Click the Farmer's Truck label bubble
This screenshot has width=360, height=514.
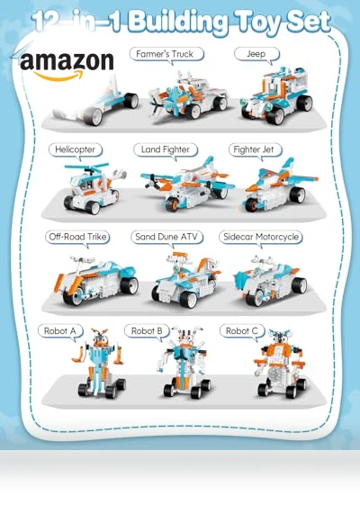click(x=166, y=54)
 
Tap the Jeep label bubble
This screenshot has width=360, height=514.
click(x=256, y=54)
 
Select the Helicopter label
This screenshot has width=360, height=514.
click(x=76, y=150)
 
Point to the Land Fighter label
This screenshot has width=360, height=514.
click(x=166, y=150)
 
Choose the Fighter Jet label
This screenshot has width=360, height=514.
click(x=255, y=150)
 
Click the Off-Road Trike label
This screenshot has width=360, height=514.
click(x=77, y=237)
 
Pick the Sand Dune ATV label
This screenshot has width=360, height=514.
click(x=166, y=237)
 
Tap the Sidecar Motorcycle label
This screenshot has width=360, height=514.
click(x=261, y=237)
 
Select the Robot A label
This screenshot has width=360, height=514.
click(x=60, y=331)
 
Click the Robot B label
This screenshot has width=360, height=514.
click(x=147, y=331)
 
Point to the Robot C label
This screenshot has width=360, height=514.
click(x=242, y=331)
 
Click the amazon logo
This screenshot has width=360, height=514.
click(x=67, y=66)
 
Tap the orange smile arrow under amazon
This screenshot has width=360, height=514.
click(x=58, y=77)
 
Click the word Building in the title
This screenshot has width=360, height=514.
click(x=177, y=23)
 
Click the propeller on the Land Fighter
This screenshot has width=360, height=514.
click(x=152, y=183)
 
